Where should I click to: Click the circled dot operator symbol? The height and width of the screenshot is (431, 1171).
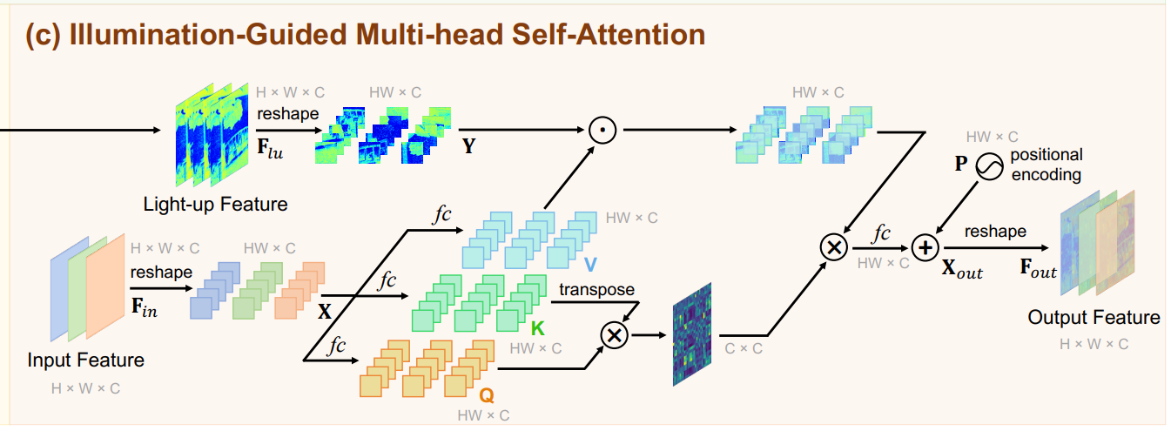coord(602,130)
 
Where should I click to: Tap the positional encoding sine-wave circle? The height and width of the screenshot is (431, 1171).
coord(988,165)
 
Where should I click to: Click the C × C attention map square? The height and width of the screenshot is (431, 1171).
coord(692,334)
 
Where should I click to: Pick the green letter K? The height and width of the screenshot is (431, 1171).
coord(537,327)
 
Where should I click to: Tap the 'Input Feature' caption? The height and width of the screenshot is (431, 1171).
coord(86,360)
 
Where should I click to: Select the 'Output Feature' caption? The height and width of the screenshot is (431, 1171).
coord(1094,317)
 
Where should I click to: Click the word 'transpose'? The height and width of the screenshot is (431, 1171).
coord(596,289)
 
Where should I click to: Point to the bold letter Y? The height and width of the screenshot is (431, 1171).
coord(469,146)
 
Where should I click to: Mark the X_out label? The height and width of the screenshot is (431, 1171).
coord(962,272)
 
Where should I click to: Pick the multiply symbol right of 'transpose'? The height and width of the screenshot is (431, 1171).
coord(616,335)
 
